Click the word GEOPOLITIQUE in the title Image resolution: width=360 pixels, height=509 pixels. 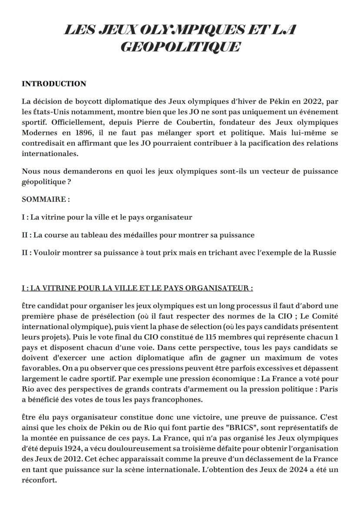click(180, 47)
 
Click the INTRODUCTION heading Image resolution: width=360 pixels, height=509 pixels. click(54, 83)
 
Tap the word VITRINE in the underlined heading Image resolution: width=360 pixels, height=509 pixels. click(62, 288)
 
